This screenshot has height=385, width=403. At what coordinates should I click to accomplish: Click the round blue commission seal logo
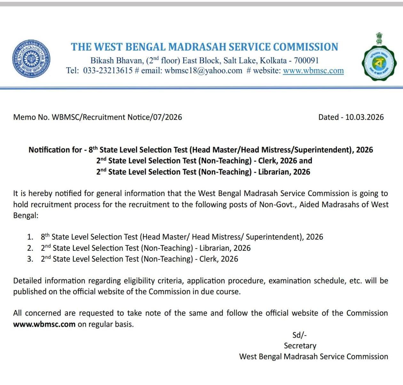pos(31,59)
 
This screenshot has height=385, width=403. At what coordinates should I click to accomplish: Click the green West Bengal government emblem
pos(379,61)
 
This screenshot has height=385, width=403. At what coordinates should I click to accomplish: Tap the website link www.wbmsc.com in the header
pos(313,71)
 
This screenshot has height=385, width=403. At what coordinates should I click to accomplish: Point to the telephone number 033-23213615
pos(108,71)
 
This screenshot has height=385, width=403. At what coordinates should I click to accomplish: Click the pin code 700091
pos(306,61)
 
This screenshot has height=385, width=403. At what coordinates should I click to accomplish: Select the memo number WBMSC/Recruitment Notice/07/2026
pos(117,117)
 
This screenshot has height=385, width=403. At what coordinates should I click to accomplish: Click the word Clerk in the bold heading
pos(267,161)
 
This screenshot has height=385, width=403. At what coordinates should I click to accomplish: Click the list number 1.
pos(30,237)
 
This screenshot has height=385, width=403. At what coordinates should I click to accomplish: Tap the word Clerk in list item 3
pos(209,259)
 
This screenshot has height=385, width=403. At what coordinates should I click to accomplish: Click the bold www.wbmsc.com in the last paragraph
pos(44,324)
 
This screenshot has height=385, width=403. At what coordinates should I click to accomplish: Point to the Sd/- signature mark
pos(299,335)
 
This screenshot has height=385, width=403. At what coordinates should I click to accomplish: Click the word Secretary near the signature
pos(300,346)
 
